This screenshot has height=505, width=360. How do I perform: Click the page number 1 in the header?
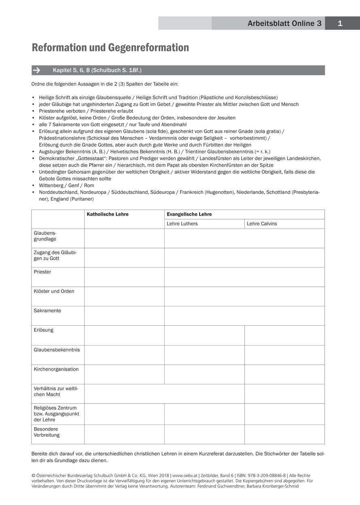[x=340, y=23]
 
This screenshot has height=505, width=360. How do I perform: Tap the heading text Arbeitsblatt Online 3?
[x=284, y=23]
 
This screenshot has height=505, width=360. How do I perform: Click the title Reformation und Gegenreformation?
[x=110, y=48]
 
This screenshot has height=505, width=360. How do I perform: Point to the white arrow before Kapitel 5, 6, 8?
[x=36, y=70]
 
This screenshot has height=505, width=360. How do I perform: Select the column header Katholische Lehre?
[x=108, y=214]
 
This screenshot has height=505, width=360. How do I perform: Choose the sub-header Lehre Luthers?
[x=182, y=224]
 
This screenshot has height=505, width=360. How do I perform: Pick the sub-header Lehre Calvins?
[x=262, y=224]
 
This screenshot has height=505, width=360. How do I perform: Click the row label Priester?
[x=42, y=272]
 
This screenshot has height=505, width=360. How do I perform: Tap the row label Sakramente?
[x=47, y=311]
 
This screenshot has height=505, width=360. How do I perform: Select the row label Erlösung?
[x=44, y=330]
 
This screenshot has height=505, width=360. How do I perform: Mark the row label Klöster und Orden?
[x=54, y=291]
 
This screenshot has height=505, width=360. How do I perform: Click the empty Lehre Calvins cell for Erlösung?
[x=284, y=335]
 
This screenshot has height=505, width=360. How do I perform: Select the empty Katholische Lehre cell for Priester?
[x=124, y=277]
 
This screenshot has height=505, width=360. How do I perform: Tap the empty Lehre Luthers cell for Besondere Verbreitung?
[x=204, y=434]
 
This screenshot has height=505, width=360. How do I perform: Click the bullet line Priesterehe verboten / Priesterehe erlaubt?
[x=86, y=111]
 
